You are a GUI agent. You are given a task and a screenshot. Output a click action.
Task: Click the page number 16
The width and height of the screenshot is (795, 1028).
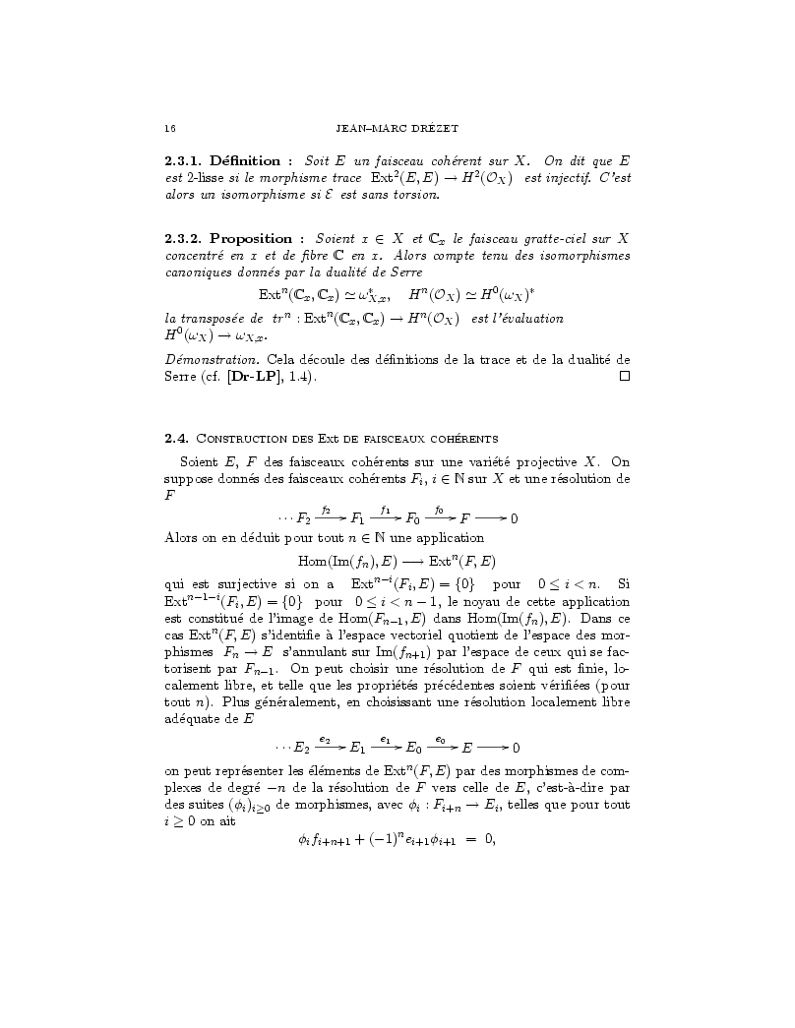point(170,128)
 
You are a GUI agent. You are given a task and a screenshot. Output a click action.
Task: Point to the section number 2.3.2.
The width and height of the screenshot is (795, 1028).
point(184,239)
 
